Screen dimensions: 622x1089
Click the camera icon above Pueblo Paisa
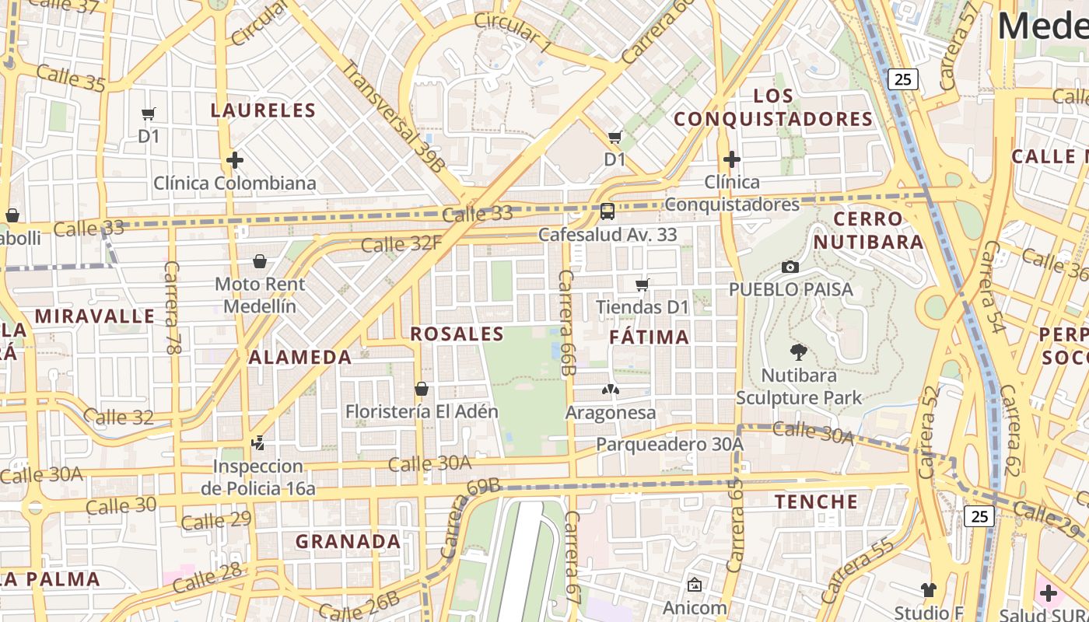point(790,267)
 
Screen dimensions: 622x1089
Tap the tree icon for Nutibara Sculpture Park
point(798,352)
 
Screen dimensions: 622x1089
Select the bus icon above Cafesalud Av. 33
point(608,211)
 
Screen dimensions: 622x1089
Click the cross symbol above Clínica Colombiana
point(235,160)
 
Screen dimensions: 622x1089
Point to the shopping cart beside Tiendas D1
point(643,285)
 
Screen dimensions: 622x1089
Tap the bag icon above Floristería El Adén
point(422,388)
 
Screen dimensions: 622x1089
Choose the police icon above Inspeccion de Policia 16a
point(258,444)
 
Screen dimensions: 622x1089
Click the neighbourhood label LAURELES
point(263,110)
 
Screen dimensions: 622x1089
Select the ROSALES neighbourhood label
point(457,334)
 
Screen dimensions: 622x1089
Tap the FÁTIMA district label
point(649,337)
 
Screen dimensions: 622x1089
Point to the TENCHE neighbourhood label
point(816,501)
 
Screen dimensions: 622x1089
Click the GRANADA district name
point(348,541)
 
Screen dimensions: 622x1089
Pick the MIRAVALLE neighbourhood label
point(95,316)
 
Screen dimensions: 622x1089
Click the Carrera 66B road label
point(566,323)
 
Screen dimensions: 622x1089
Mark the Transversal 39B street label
point(394,117)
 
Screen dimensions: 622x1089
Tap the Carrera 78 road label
point(172,308)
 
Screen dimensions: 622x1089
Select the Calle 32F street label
point(401,244)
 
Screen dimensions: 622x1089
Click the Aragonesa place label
point(611,412)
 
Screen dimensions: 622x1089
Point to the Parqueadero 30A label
point(670,444)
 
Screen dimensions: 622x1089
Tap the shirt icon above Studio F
point(928,589)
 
